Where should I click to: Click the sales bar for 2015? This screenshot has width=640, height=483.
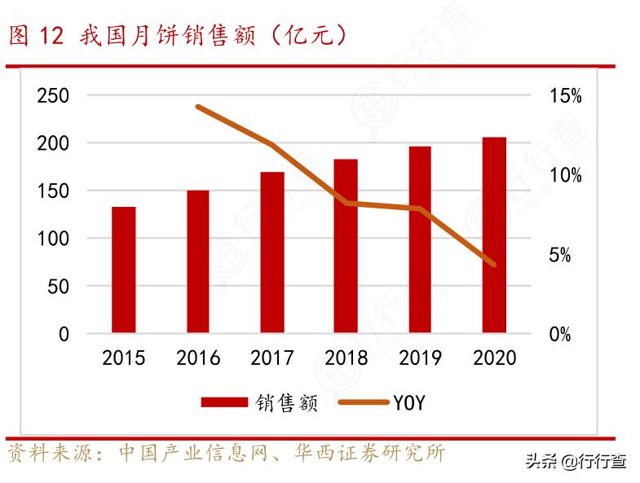tap(124, 270)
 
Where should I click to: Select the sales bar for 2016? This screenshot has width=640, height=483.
tap(198, 261)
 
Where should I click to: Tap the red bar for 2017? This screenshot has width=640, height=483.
tap(272, 252)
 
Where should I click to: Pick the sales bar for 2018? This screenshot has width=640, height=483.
tap(346, 246)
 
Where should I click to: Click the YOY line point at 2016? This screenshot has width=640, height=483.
tap(198, 107)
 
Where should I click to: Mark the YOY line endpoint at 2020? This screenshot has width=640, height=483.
tap(494, 264)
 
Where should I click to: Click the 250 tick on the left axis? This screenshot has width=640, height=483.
tap(53, 96)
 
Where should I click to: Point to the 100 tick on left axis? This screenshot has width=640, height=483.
tap(53, 239)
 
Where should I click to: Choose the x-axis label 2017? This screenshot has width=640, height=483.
tap(272, 358)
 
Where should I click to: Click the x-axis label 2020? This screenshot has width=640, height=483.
tap(494, 358)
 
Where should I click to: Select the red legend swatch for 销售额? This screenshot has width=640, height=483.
tap(223, 402)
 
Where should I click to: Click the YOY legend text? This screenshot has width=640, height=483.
tap(409, 402)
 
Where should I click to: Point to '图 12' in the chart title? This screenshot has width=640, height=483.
tap(35, 36)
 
